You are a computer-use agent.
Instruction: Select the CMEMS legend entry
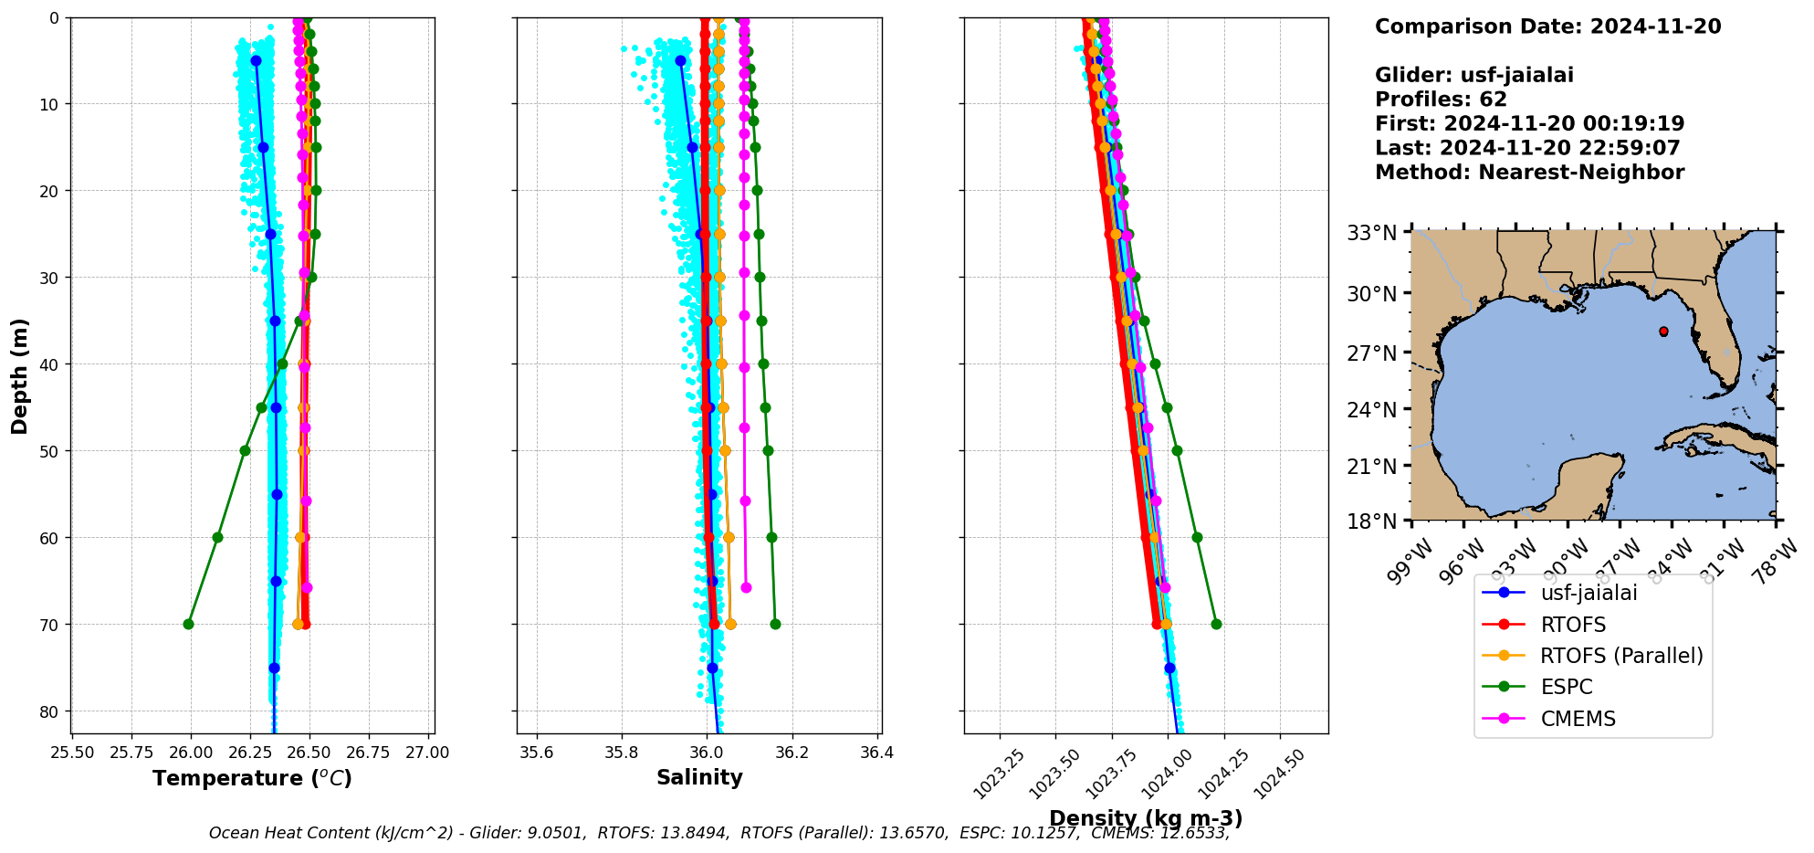[x=1578, y=719]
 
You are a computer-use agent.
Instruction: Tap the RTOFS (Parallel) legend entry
[x=1620, y=656]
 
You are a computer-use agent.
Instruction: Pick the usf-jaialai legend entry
[x=1589, y=593]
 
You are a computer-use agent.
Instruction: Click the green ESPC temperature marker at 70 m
[x=188, y=624]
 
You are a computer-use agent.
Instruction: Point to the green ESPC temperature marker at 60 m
[x=217, y=537]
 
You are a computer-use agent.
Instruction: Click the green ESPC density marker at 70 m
[x=1216, y=624]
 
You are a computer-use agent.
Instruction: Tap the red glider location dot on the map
[x=1663, y=332]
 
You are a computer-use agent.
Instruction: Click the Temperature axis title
[x=252, y=778]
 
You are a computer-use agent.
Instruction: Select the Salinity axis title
[x=699, y=777]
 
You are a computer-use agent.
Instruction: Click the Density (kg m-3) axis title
[x=1146, y=818]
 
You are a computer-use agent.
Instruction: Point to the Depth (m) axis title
[x=20, y=376]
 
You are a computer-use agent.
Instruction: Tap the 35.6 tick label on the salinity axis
[x=536, y=753]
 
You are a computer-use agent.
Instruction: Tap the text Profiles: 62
[x=1441, y=100]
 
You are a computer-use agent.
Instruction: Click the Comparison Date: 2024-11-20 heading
[x=1547, y=26]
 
